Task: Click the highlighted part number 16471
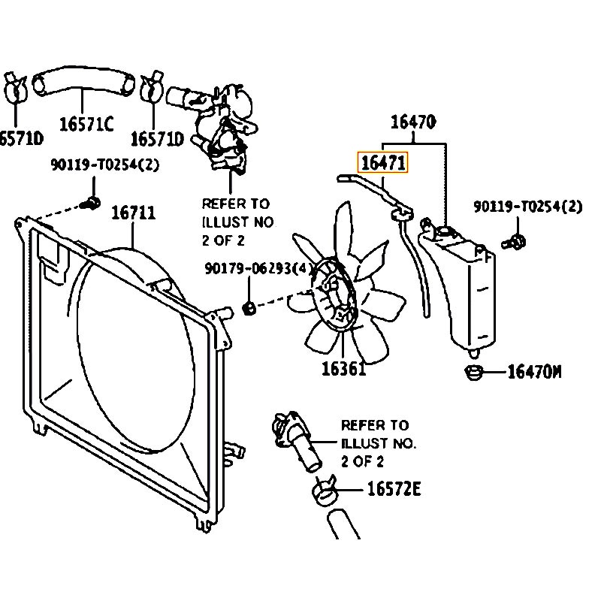click(x=383, y=162)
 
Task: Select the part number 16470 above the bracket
click(x=413, y=122)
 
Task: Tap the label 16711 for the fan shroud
click(x=134, y=213)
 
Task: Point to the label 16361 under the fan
click(x=344, y=369)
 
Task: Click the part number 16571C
click(x=86, y=124)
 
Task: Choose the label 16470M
click(x=534, y=372)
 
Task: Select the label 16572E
click(x=394, y=489)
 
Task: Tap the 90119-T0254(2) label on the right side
click(x=528, y=207)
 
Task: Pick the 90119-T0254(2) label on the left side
click(x=104, y=165)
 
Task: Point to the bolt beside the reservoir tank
click(x=514, y=242)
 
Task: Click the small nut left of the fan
click(x=249, y=307)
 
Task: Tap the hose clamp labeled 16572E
click(x=324, y=491)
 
